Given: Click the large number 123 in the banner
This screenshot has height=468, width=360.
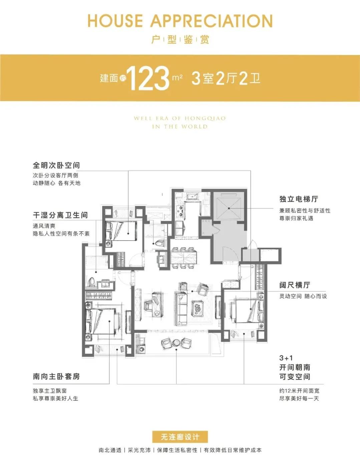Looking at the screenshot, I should point(148,78).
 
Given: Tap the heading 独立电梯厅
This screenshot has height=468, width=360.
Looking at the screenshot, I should point(299,199).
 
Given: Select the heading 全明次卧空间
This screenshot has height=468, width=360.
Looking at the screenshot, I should point(56,165).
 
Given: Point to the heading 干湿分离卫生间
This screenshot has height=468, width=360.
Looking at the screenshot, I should point(60,215).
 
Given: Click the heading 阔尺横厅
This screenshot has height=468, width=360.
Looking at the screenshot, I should point(295,285).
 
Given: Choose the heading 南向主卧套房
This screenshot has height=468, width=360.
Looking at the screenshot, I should point(56,376).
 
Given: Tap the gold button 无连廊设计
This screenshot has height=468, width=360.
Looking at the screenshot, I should point(180,437).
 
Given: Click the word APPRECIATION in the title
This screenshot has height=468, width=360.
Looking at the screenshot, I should point(212,21).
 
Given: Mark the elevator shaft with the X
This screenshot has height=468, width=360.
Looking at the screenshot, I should point(229,208).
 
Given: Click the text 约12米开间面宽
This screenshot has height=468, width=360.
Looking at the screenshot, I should point(299,391).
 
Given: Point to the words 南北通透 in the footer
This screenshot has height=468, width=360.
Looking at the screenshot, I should point(110,450).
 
